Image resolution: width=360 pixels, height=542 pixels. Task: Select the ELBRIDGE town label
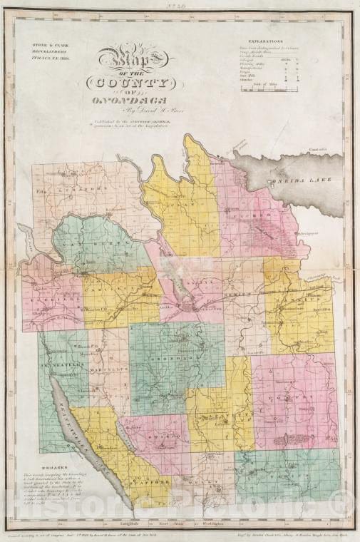point(48,300)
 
